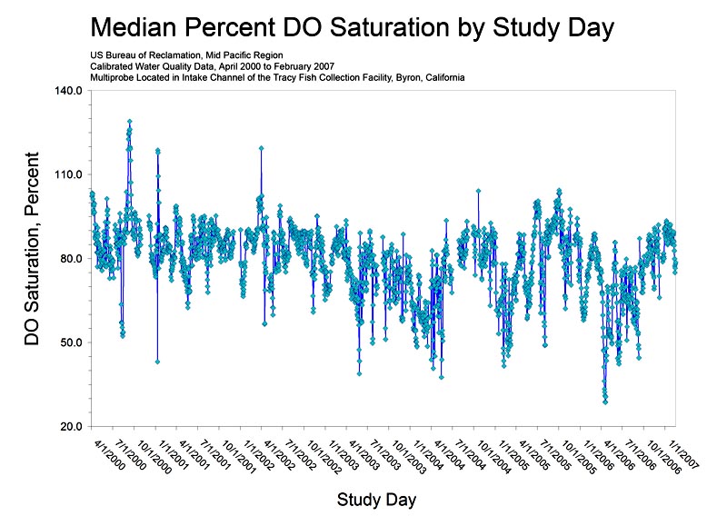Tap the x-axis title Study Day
click(x=377, y=499)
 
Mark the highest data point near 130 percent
click(x=130, y=121)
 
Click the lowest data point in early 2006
click(x=605, y=401)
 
